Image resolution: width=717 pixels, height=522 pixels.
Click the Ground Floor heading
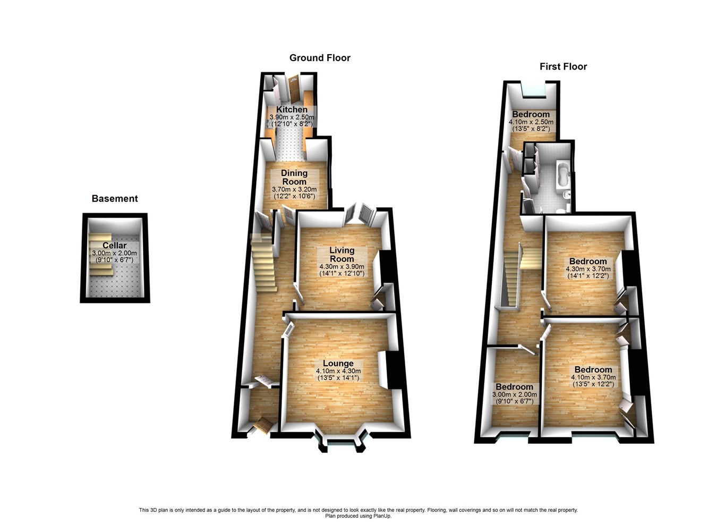point(320,58)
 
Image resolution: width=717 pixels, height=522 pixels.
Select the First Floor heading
point(563,66)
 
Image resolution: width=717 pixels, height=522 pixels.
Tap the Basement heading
point(115,199)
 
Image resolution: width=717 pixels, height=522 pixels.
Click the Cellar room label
point(115,246)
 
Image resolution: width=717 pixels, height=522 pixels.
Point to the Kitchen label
point(292,110)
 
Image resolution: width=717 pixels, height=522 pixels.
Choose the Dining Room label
point(294,177)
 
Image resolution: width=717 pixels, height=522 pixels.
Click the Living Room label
point(342,255)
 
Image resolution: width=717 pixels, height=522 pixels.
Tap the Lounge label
point(338,364)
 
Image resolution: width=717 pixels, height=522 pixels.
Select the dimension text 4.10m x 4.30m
point(338,371)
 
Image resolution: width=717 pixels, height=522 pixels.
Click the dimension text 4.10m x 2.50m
point(531,122)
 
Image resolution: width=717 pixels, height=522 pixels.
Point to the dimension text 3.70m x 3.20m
point(294,189)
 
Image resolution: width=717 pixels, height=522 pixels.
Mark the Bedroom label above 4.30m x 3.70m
point(588,262)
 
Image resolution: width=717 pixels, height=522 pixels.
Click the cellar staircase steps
point(101,255)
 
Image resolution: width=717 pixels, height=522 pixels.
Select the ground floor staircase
point(264,263)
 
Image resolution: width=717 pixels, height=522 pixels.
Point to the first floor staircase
point(513,276)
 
